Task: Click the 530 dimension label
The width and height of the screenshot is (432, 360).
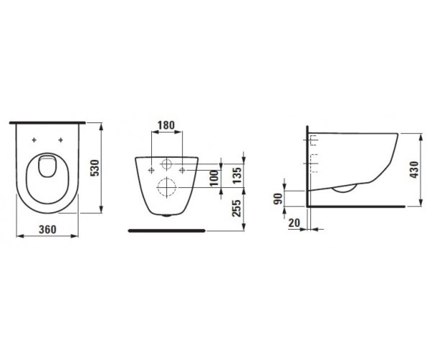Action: click(x=95, y=168)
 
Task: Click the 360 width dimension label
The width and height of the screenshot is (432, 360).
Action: click(x=48, y=229)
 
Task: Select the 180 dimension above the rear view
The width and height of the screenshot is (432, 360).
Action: click(x=166, y=125)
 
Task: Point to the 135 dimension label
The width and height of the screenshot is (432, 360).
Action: click(x=237, y=175)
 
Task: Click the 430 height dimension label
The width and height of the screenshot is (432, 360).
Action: click(x=414, y=170)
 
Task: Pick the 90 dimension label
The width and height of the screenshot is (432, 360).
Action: click(x=278, y=199)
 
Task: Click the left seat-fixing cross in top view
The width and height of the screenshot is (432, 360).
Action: click(x=34, y=140)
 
